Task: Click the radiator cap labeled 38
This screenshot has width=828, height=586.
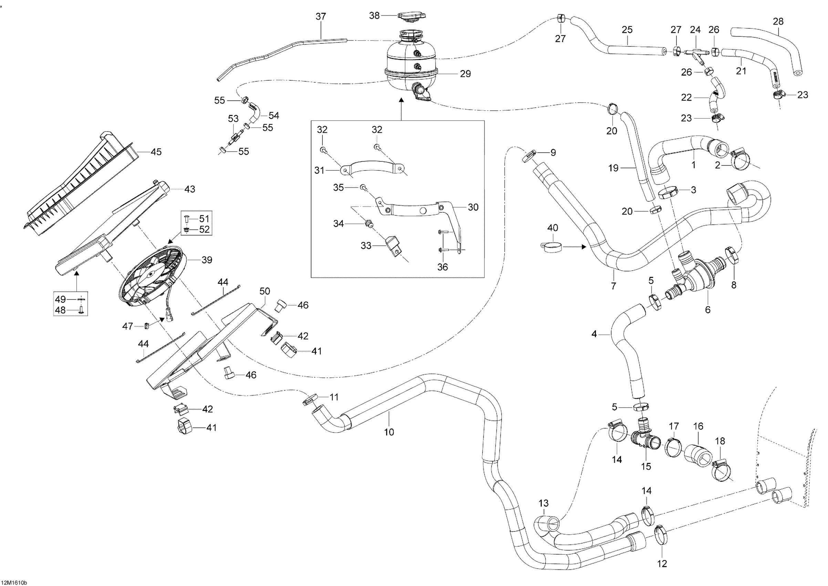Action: (x=412, y=16)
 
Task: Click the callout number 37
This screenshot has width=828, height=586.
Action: (x=321, y=17)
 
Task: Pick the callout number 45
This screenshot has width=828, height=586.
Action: (x=156, y=152)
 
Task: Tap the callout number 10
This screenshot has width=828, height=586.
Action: (x=389, y=432)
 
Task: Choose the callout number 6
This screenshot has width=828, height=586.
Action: (x=707, y=309)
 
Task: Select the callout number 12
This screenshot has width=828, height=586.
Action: (x=662, y=564)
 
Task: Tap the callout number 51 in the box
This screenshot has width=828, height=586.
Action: (x=204, y=219)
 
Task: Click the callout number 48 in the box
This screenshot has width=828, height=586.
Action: (x=60, y=310)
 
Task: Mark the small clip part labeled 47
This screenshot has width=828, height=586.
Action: (x=147, y=326)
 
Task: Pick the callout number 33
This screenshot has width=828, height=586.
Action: (x=366, y=246)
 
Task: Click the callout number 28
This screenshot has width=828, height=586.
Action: (x=778, y=21)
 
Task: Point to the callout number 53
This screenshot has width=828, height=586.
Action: (x=233, y=118)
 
